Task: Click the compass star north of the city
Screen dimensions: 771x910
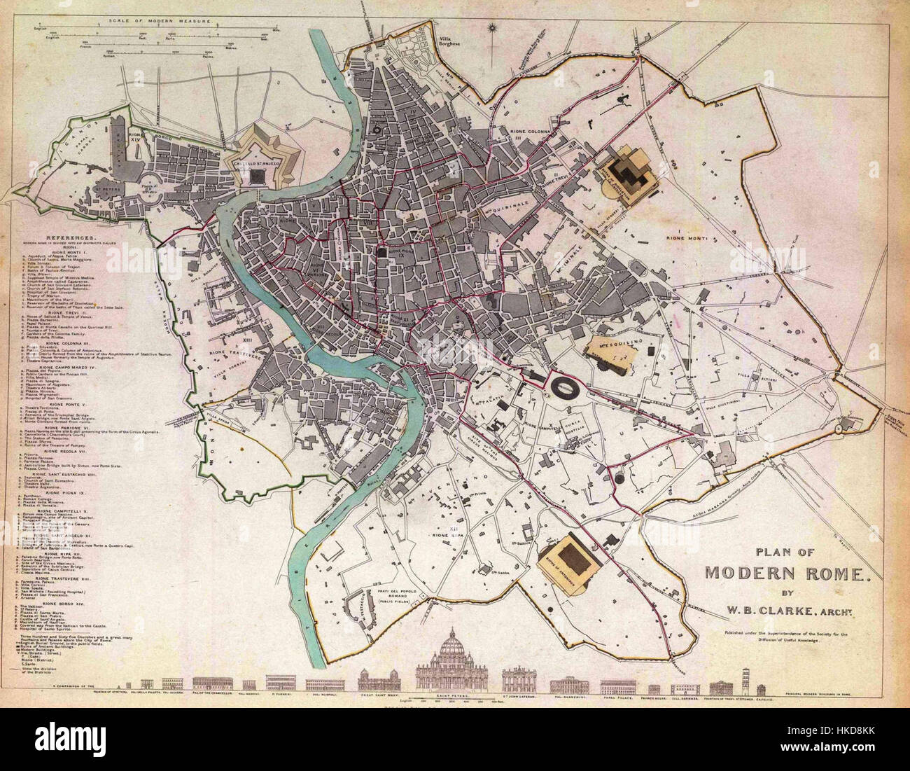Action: point(494,29)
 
